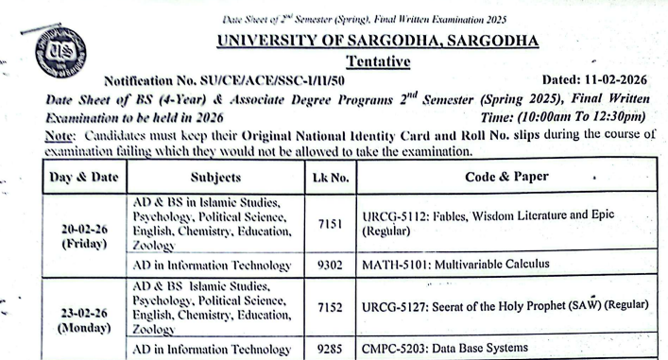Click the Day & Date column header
click(84, 176)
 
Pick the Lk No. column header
click(331, 176)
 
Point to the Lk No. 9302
click(331, 264)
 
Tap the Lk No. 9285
click(331, 348)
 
